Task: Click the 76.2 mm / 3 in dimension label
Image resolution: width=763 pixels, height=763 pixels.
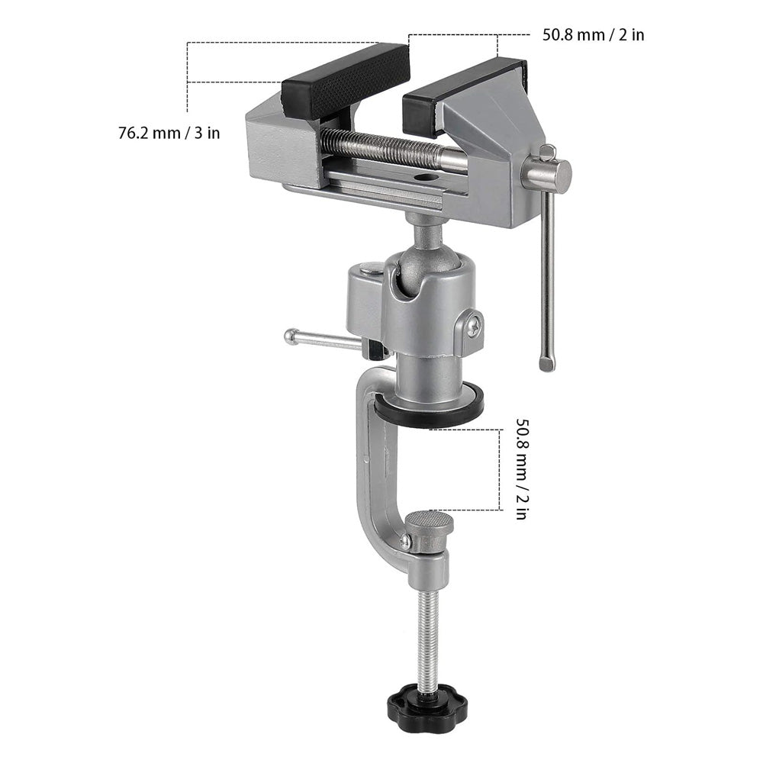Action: [169, 132]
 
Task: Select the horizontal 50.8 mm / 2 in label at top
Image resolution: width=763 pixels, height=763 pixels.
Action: [593, 34]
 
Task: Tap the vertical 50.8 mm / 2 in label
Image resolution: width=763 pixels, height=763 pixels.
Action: [521, 468]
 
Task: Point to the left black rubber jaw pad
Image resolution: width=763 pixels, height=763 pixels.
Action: [345, 81]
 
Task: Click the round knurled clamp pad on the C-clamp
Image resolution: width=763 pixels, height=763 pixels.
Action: [429, 523]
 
